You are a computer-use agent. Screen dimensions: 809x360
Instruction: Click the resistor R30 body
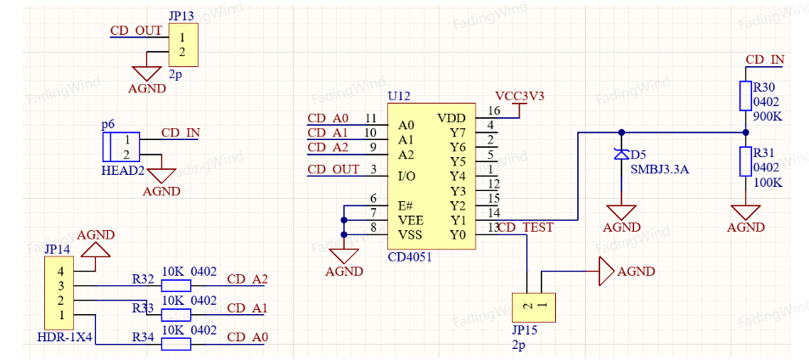(745, 95)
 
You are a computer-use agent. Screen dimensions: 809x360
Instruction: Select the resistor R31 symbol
(745, 161)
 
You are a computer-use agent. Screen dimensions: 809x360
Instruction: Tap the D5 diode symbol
(621, 154)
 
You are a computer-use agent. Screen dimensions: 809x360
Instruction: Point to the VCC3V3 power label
(520, 96)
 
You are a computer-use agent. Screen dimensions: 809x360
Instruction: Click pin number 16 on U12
(494, 110)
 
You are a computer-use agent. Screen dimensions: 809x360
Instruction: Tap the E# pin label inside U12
(406, 205)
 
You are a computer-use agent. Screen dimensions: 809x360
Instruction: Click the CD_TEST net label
(526, 227)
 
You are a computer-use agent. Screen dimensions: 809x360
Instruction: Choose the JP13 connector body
(183, 45)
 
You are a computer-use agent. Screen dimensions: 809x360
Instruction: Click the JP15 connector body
(534, 307)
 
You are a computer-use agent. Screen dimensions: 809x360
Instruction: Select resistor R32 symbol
(176, 286)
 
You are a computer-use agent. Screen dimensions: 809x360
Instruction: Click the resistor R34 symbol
(176, 344)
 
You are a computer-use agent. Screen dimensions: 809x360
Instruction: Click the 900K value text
(767, 116)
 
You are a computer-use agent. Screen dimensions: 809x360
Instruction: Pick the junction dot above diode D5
(621, 132)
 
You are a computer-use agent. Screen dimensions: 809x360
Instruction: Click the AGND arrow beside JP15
(606, 272)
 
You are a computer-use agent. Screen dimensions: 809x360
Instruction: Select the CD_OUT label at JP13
(136, 31)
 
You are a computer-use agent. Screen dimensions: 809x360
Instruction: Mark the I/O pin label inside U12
(407, 177)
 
